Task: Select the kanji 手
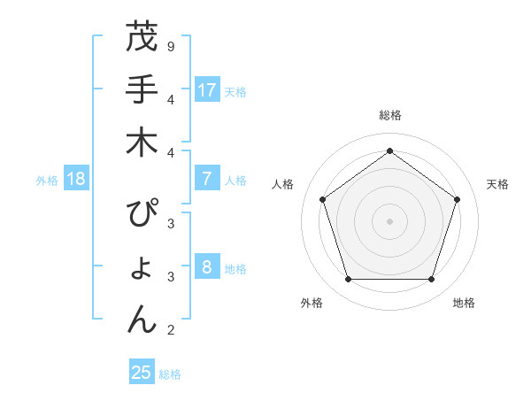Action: [x=142, y=89]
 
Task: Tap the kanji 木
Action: [x=142, y=143]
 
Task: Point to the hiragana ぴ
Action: [x=142, y=215]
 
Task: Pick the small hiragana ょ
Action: [x=142, y=270]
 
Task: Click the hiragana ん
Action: [x=142, y=320]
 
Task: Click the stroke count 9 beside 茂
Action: [x=170, y=46]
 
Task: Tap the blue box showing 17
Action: [x=206, y=89]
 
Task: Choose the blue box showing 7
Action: [x=206, y=179]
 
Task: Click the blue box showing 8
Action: [x=206, y=267]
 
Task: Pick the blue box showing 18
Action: [x=76, y=179]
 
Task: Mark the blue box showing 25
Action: [x=142, y=373]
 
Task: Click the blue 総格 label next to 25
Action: [x=170, y=374]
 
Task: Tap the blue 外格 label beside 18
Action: [x=47, y=181]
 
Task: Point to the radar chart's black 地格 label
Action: [x=464, y=303]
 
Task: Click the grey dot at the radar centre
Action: [x=389, y=220]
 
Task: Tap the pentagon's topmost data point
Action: [x=389, y=150]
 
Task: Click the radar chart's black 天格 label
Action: [x=497, y=184]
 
